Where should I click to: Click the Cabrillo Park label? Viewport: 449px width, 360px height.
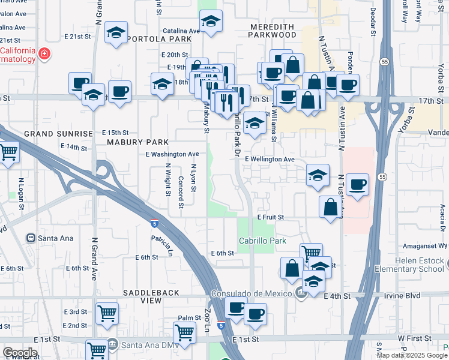pyautogui.click(x=262, y=240)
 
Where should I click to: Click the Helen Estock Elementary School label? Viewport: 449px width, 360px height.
pyautogui.click(x=420, y=265)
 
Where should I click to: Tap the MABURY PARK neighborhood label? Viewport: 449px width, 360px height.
pyautogui.click(x=137, y=142)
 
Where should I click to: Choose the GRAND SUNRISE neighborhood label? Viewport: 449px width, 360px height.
pyautogui.click(x=59, y=133)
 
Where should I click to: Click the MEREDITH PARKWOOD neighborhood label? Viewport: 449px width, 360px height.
pyautogui.click(x=273, y=31)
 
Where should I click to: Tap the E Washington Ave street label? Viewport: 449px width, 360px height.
pyautogui.click(x=172, y=154)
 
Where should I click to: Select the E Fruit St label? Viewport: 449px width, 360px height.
pyautogui.click(x=270, y=217)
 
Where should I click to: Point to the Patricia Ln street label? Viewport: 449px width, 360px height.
pyautogui.click(x=161, y=243)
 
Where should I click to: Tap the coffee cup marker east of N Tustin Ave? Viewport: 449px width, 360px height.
pyautogui.click(x=358, y=184)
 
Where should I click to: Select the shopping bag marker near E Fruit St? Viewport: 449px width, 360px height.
pyautogui.click(x=330, y=208)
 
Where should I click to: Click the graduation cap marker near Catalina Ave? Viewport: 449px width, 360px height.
pyautogui.click(x=210, y=22)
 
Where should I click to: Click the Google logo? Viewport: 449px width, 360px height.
pyautogui.click(x=20, y=353)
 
